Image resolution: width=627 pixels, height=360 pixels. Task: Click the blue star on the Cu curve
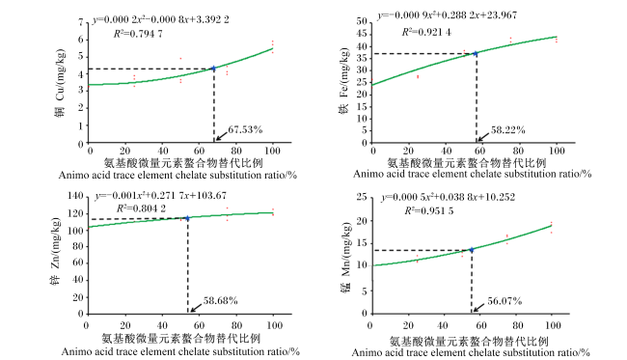[213, 69]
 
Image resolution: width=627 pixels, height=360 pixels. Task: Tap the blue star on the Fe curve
[476, 53]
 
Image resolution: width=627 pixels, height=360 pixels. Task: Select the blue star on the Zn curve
[187, 218]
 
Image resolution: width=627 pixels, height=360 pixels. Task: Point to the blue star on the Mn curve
[472, 250]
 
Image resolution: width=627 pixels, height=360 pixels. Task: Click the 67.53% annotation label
[245, 129]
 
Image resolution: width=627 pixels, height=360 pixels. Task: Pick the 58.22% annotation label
[507, 130]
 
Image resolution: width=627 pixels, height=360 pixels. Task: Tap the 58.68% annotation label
[220, 300]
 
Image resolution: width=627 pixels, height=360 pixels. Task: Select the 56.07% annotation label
[504, 301]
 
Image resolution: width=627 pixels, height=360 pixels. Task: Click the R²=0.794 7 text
[138, 34]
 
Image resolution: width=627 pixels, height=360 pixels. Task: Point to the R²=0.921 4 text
[426, 32]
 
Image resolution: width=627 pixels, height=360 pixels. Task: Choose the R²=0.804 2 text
[141, 208]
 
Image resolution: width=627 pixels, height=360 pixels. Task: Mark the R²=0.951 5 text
[428, 210]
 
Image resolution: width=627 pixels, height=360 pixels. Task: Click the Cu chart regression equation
[161, 19]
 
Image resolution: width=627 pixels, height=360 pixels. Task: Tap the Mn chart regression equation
[449, 197]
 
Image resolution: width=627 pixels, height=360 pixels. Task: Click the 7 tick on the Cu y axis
[81, 22]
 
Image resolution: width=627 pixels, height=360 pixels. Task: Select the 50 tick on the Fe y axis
[362, 21]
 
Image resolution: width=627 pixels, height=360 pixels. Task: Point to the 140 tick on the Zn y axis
[75, 196]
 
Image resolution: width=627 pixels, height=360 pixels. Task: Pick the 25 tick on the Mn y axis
[362, 197]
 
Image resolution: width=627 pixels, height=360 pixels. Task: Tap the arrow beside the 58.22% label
[482, 137]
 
